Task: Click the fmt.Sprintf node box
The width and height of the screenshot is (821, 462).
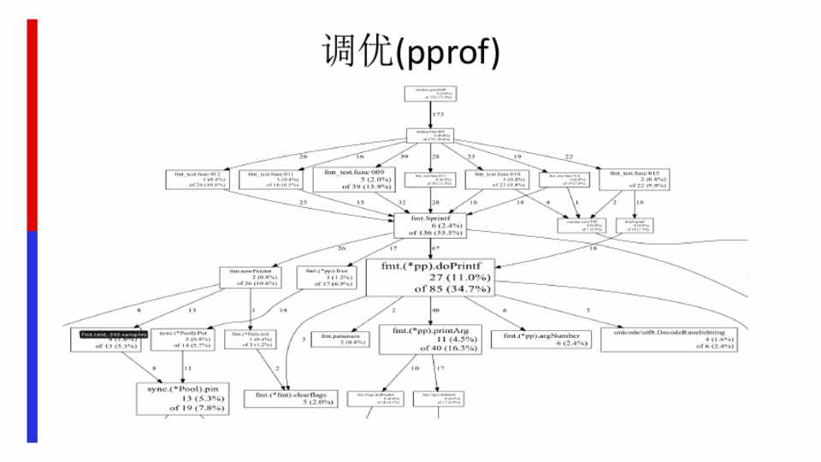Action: pos(429,225)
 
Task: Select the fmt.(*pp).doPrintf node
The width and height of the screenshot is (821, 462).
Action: pos(429,277)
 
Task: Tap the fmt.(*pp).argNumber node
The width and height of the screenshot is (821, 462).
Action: pos(541,339)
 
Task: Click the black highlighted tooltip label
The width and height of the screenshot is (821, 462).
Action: pos(109,335)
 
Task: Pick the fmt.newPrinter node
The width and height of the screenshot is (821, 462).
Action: pos(245,275)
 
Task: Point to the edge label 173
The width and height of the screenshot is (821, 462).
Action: pos(439,114)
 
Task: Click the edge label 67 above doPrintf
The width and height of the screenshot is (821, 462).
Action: pos(435,248)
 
